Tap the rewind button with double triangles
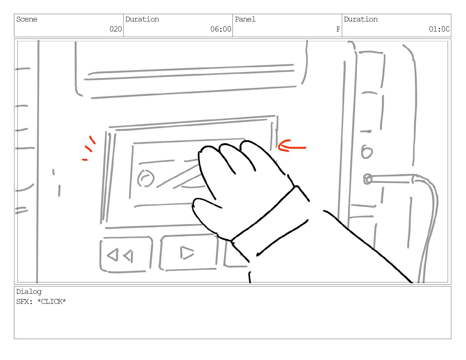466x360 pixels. coord(126,255)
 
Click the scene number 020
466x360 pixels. coord(116,29)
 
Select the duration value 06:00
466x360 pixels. coord(221,29)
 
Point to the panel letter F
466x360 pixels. coord(338,29)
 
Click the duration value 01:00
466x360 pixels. coord(439,29)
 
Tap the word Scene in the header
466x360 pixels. coord(27,19)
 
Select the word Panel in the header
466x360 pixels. coord(245,19)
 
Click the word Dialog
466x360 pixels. coord(29,292)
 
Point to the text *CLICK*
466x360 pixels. coord(52,302)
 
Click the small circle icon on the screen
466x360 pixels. coord(146,179)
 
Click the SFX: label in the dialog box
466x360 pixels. coord(24,302)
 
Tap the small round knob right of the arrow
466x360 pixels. coord(367,152)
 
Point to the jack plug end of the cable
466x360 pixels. coord(367,179)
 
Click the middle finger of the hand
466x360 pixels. coord(227,156)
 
